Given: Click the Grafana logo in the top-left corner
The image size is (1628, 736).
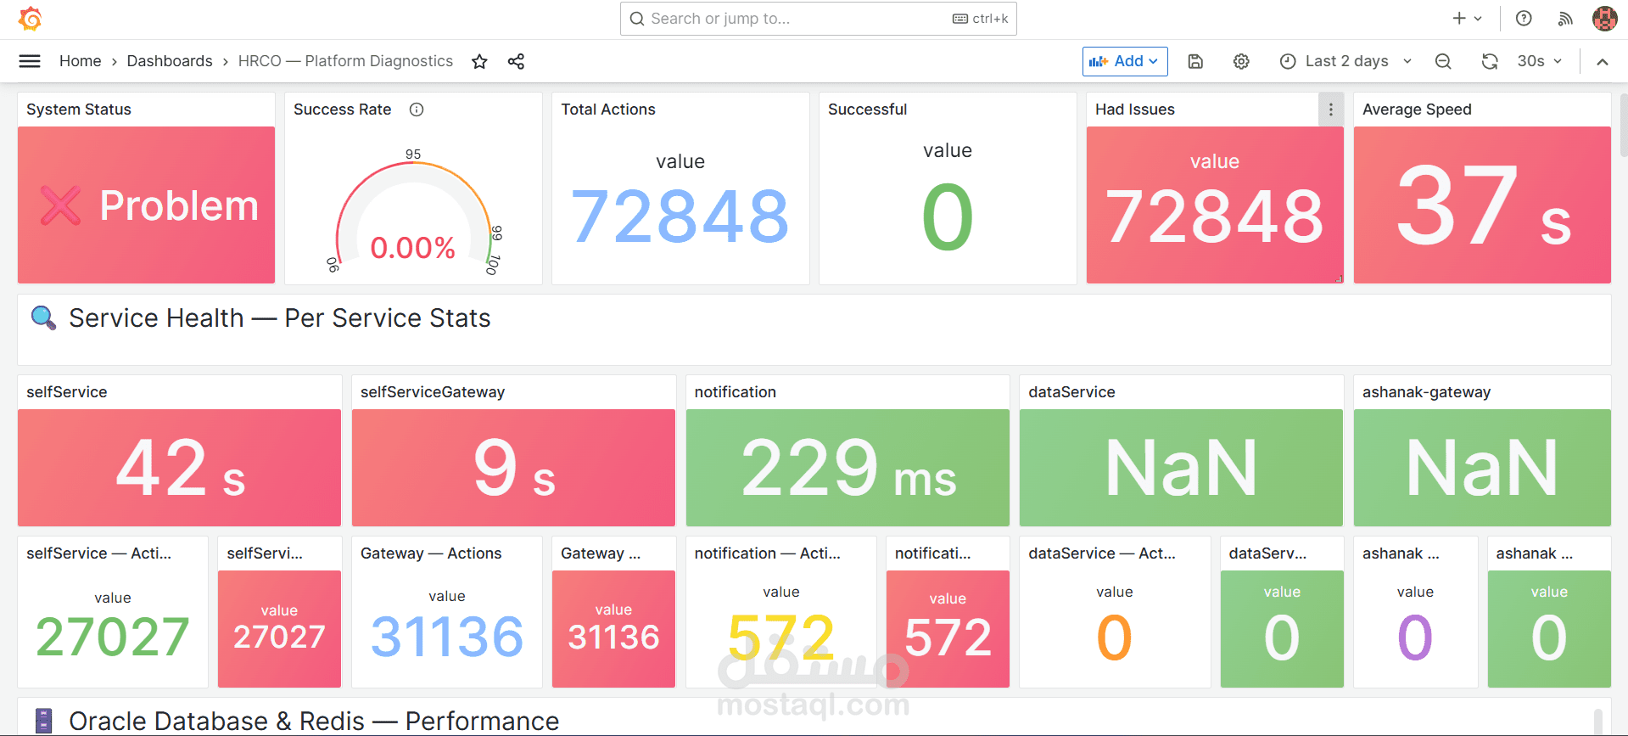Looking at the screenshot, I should point(31,18).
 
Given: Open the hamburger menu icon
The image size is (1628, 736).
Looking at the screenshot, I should point(30,61).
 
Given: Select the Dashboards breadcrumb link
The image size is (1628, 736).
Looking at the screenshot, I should point(170,61).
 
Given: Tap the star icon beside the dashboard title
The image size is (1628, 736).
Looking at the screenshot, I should point(479,61).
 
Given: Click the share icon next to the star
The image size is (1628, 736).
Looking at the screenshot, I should point(516,61).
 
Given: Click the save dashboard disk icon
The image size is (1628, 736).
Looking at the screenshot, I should point(1195,61).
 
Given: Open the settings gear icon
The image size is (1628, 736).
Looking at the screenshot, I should point(1241,61).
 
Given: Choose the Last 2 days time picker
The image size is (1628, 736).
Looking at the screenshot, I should point(1345,61).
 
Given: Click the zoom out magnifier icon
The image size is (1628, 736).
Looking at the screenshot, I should point(1443,61).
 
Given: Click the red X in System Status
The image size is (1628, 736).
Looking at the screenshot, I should point(60,205).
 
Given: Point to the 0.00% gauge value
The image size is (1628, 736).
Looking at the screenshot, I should point(413,248).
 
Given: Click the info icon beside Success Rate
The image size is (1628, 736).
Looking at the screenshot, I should point(417,110).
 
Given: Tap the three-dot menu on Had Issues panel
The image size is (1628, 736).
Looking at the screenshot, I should point(1330,110).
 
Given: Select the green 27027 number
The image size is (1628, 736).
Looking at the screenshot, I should point(113,637).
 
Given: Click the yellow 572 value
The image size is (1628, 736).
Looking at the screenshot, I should point(781,637).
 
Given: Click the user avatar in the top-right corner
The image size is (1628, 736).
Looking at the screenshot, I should point(1604,18).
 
